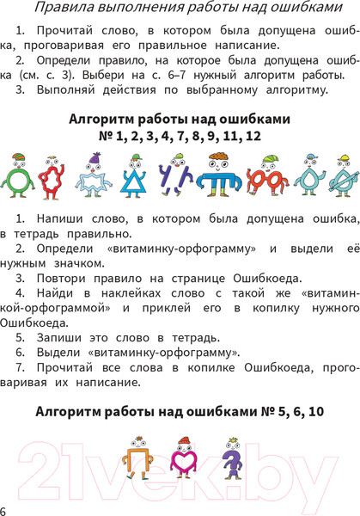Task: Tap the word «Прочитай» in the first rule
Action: click(x=63, y=33)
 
